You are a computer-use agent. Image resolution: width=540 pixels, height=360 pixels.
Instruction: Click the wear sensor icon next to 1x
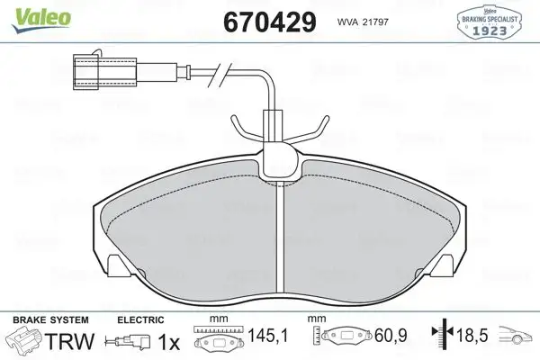coord(125,342)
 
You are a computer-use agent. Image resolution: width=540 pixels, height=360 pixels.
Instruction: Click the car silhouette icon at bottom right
coord(517,338)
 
